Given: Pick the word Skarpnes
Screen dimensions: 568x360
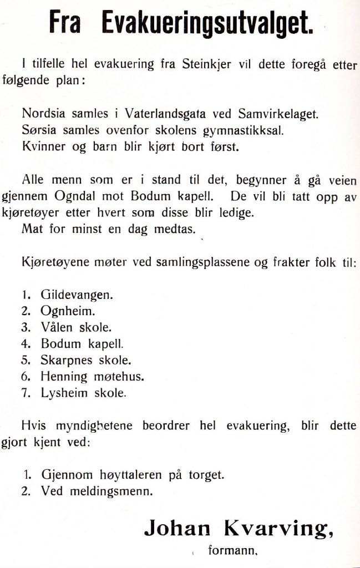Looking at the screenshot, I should tap(64, 361).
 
